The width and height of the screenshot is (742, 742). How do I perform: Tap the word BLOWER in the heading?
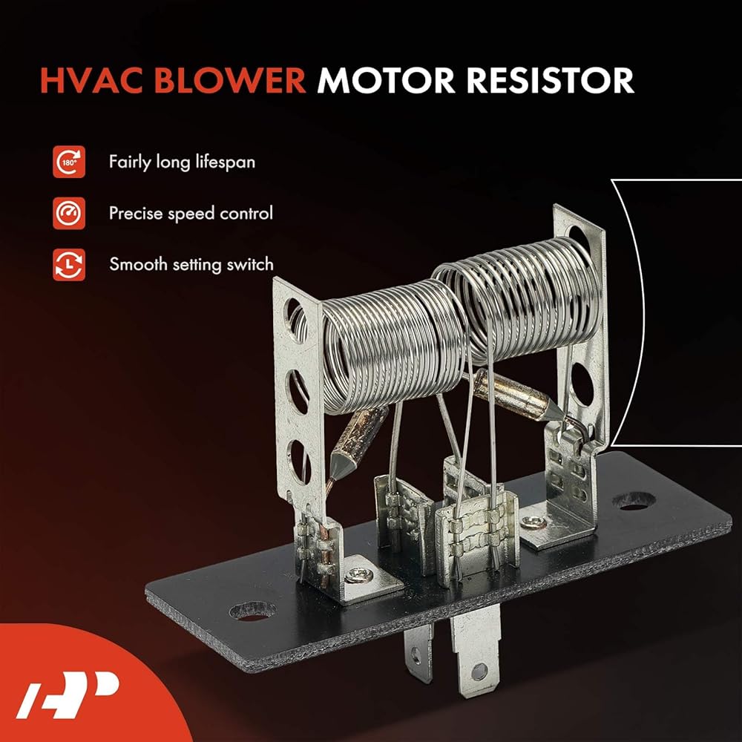point(230,80)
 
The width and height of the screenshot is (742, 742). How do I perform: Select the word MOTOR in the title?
point(386,80)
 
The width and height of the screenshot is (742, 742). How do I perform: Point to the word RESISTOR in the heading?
point(550,80)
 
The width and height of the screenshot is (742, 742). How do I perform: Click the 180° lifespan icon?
point(69,162)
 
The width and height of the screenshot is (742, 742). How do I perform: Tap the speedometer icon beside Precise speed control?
point(69,214)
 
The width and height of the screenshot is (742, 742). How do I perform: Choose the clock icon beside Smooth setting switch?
point(69,265)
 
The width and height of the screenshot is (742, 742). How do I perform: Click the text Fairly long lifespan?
point(183,162)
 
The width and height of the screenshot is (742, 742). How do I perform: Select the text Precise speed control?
point(191,214)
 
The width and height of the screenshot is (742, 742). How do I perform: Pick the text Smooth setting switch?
point(191,265)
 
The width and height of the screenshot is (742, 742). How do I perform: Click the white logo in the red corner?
point(68,695)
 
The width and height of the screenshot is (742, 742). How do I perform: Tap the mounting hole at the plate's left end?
point(252,611)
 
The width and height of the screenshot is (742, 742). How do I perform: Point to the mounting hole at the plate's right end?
point(634,502)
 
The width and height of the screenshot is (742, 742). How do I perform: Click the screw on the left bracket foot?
point(358,575)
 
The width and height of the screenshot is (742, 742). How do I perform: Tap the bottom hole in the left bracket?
point(300,462)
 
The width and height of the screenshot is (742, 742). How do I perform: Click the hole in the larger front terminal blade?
point(479,670)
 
